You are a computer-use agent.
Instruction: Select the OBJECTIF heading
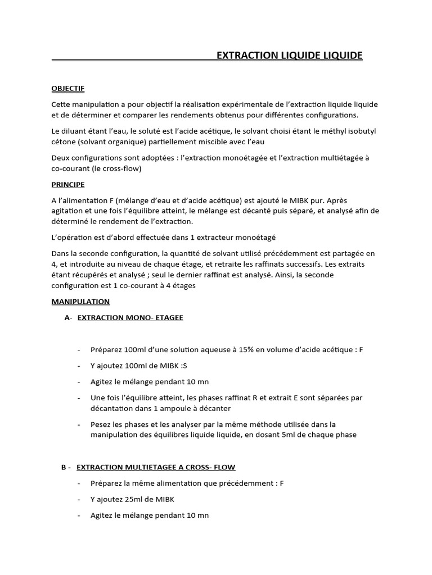pyautogui.click(x=67, y=88)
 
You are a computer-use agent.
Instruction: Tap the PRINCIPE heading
pyautogui.click(x=67, y=184)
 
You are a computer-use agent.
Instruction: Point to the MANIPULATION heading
pyautogui.click(x=80, y=302)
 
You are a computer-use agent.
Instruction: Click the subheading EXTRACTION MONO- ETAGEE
pyautogui.click(x=130, y=317)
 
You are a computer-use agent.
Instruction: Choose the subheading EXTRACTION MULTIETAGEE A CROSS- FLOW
pyautogui.click(x=156, y=467)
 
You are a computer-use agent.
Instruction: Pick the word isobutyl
pyautogui.click(x=344, y=131)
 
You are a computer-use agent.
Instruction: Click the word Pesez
pyautogui.click(x=101, y=424)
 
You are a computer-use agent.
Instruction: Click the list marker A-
pyautogui.click(x=68, y=317)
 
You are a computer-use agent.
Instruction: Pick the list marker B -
pyautogui.click(x=65, y=467)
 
